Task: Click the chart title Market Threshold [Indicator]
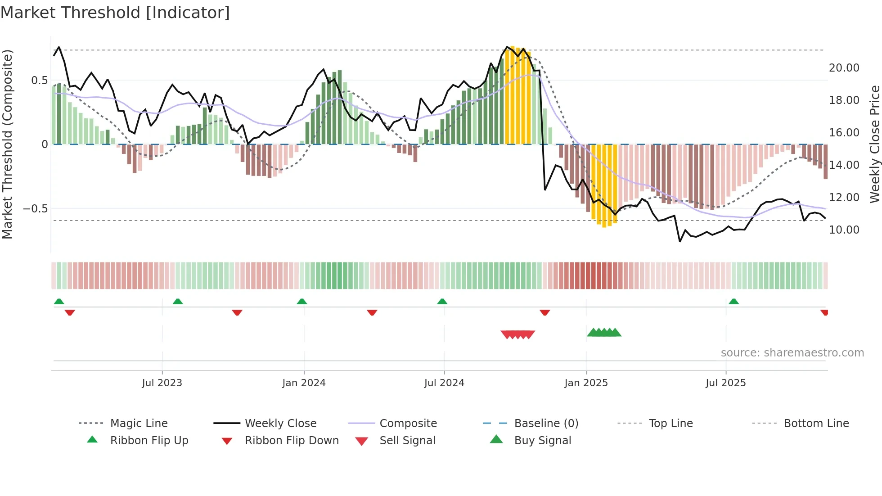coord(115,13)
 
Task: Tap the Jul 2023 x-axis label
coord(162,383)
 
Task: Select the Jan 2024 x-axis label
coord(304,383)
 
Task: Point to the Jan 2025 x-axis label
coord(586,383)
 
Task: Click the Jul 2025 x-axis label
coord(725,383)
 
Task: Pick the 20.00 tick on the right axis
coord(844,68)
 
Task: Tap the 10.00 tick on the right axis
coord(844,230)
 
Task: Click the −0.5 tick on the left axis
coord(35,208)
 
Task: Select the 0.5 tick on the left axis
coord(39,80)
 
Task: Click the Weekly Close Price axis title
coord(874,144)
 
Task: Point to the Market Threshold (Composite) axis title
coord(7,144)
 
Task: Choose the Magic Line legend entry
coord(139,423)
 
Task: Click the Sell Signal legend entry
coord(407,440)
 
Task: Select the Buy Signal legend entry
coord(542,440)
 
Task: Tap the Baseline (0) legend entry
coord(546,423)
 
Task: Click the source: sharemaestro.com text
coord(792,352)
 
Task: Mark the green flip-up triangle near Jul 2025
coord(733,302)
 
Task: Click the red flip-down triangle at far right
coord(824,312)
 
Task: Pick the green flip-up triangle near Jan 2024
coord(302,302)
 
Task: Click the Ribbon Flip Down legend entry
coord(291,440)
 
